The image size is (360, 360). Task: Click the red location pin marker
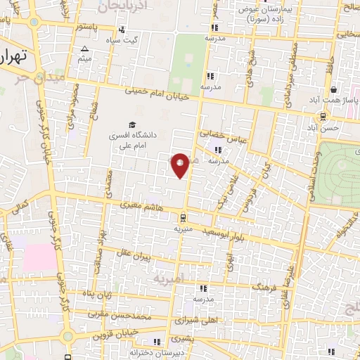tap(181, 165)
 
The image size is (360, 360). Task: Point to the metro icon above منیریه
tap(182, 218)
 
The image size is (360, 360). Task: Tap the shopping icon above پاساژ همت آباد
tap(333, 90)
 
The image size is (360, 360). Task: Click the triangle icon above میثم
tap(84, 49)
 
